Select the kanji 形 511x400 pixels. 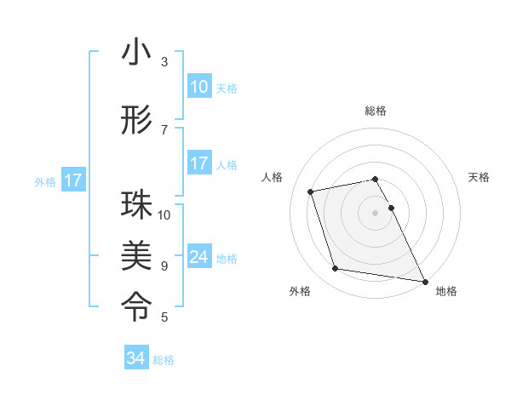136,121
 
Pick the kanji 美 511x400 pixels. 136,254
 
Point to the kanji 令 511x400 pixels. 136,302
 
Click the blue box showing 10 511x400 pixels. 198,87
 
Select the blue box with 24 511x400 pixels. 198,257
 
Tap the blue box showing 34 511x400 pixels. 135,358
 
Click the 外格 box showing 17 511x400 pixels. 72,180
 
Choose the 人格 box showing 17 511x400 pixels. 198,163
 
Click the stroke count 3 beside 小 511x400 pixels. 164,61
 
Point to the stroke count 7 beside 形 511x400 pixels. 164,129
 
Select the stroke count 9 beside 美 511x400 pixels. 164,266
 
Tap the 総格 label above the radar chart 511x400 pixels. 376,111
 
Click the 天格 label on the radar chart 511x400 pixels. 479,177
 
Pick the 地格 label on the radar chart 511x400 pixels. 446,291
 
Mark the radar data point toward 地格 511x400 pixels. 424,281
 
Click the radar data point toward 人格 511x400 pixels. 311,191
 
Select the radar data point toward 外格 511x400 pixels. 336,269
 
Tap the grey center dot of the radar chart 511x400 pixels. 376,213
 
